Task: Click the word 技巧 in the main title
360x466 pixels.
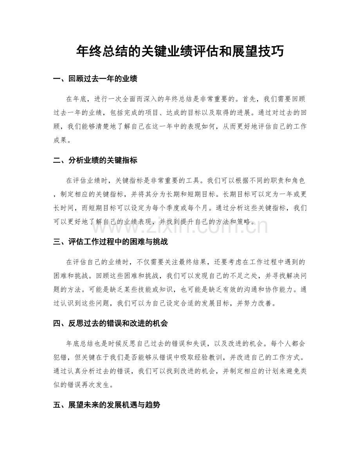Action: [x=271, y=51]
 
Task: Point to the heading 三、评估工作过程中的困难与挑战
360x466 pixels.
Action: [x=110, y=242]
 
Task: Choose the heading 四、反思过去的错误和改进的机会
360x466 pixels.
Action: [x=110, y=323]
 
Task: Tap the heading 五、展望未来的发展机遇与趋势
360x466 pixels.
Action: [x=106, y=405]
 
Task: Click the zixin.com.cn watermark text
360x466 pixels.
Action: [x=180, y=226]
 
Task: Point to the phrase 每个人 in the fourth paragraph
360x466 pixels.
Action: [x=277, y=344]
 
